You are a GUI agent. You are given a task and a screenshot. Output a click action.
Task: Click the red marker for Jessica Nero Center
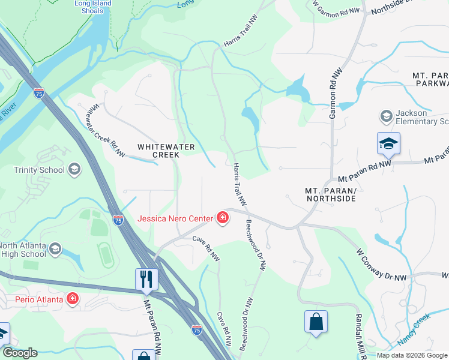tap(223, 217)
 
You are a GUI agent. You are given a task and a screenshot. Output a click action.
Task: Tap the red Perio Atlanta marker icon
tap(73, 298)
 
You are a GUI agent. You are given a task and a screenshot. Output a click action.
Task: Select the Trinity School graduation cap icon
tap(74, 169)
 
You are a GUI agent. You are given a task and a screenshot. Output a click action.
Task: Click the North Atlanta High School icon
tap(55, 249)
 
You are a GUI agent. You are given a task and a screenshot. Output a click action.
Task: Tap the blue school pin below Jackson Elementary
tap(388, 144)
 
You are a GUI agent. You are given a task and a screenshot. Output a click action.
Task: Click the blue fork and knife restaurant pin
tap(146, 278)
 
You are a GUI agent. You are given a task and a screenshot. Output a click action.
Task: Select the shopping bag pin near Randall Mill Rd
tap(316, 322)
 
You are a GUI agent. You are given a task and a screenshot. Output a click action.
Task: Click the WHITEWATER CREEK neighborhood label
tap(158, 150)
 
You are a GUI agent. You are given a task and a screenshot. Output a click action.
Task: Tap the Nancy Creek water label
tap(414, 338)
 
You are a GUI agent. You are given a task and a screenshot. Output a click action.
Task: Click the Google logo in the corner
tap(20, 353)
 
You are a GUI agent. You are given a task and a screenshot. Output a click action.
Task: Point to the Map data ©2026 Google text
tap(412, 355)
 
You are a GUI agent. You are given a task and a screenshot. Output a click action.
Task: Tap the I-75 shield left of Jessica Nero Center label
tap(118, 220)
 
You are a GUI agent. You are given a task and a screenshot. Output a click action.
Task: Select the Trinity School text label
tap(39, 170)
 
